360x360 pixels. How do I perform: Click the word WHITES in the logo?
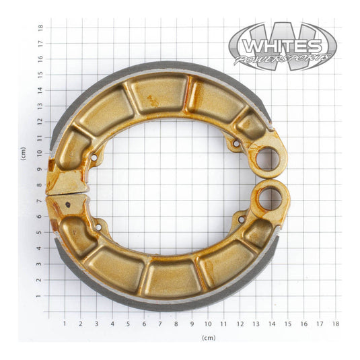[x=282, y=46]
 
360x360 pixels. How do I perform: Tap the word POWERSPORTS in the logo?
[x=283, y=60]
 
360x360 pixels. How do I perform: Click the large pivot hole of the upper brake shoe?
[x=267, y=159]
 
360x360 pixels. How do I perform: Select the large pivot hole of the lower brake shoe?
[x=271, y=199]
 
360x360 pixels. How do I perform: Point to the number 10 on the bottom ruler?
[x=209, y=324]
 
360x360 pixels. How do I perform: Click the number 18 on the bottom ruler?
[x=336, y=324]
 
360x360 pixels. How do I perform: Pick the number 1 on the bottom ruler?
[x=65, y=324]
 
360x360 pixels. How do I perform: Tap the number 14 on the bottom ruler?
[x=273, y=324]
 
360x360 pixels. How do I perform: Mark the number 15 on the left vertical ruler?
[x=40, y=74]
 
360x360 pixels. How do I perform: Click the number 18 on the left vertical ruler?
[x=40, y=27]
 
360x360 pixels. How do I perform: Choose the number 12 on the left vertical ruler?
[x=40, y=122]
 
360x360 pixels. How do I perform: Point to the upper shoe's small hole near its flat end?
[x=94, y=157]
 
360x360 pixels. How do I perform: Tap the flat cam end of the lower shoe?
[x=67, y=203]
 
